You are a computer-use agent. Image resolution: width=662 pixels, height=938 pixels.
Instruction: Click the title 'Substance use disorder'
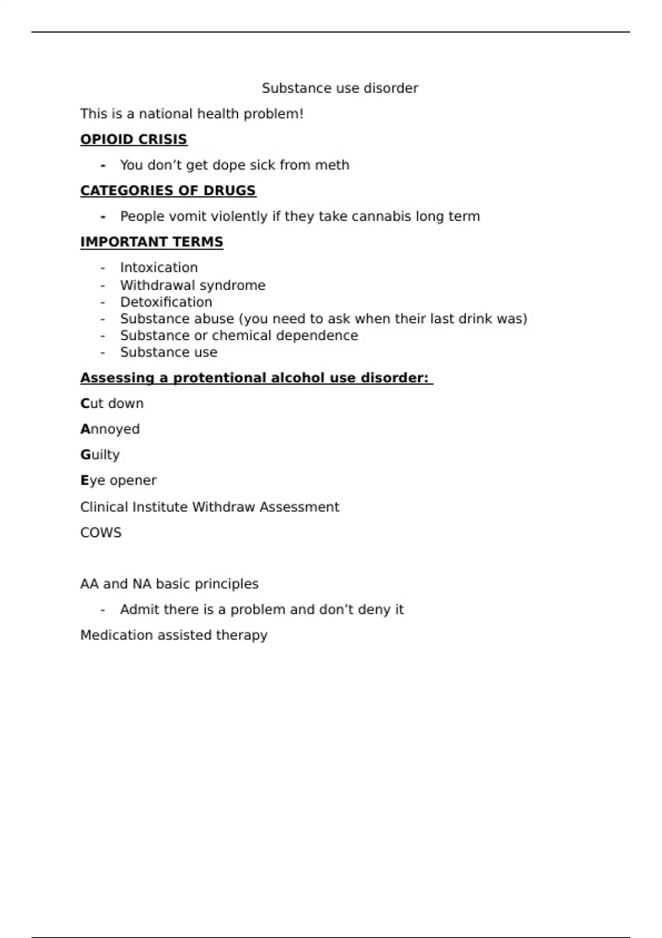click(x=340, y=88)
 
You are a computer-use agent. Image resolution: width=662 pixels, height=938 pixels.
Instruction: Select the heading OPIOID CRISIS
click(x=134, y=140)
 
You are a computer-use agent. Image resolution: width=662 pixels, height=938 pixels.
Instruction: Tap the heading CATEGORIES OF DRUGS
click(x=168, y=191)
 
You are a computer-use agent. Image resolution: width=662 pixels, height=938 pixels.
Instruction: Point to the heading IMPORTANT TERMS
click(x=152, y=242)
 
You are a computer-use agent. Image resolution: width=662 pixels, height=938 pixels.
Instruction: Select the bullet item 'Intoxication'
click(x=159, y=268)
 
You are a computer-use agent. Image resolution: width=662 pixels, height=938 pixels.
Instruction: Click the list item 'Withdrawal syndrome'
click(x=193, y=285)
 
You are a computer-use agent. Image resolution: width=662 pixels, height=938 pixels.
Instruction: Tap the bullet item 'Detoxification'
click(x=166, y=302)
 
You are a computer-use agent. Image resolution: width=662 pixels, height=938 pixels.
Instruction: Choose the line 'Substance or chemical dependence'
click(x=239, y=335)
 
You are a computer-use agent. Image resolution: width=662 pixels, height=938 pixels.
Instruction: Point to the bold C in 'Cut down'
click(x=85, y=404)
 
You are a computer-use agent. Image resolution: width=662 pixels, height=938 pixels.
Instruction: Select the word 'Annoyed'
click(x=110, y=429)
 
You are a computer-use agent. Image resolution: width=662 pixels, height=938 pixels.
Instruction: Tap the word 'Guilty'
click(x=100, y=455)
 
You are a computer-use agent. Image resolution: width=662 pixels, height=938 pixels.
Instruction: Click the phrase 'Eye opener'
click(x=118, y=481)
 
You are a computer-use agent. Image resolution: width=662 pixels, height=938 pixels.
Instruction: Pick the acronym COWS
click(x=101, y=533)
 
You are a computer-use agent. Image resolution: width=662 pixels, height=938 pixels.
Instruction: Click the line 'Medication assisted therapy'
click(x=174, y=636)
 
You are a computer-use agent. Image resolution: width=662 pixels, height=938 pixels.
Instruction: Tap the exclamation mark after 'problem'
click(x=301, y=114)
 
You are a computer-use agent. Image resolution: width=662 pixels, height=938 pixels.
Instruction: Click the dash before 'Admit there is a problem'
click(x=103, y=610)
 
